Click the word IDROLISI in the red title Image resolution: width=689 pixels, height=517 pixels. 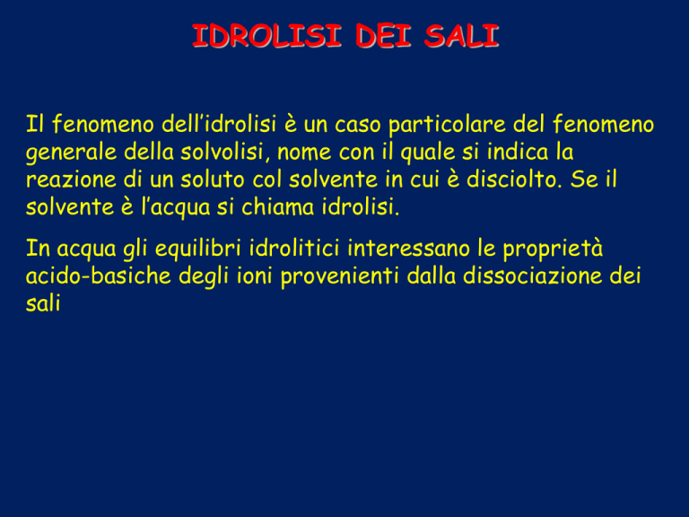(x=266, y=36)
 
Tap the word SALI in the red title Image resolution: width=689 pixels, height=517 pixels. (x=461, y=36)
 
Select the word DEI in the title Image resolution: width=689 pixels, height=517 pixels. (x=383, y=36)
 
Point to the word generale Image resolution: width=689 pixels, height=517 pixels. (x=70, y=153)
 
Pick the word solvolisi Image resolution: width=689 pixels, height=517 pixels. (x=225, y=152)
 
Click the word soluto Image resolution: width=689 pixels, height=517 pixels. (x=212, y=180)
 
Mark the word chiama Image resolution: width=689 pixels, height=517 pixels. (x=278, y=207)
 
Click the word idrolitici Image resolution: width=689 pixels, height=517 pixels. (x=294, y=248)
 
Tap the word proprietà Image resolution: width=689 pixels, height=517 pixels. (x=553, y=250)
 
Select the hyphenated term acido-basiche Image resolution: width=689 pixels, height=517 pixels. (x=98, y=276)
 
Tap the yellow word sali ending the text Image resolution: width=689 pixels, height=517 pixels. (x=43, y=303)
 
